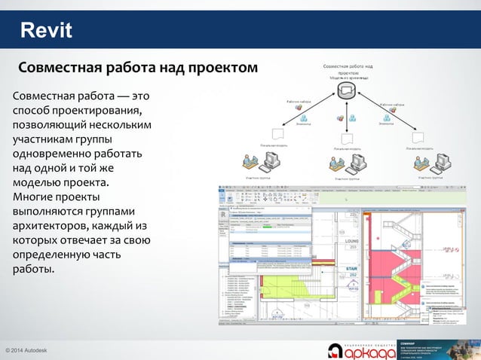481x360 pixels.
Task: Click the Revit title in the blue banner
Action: point(46,31)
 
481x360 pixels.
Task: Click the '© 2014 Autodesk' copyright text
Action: point(28,351)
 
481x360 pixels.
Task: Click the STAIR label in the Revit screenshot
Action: point(351,267)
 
